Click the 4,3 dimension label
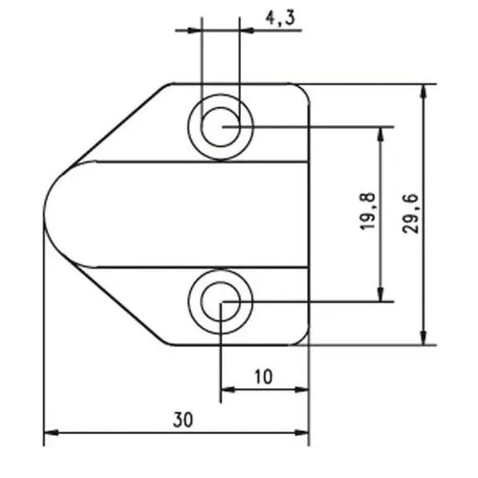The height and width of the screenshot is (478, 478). (x=280, y=19)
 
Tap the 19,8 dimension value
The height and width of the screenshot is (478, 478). (x=368, y=211)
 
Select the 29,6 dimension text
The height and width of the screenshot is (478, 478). (x=410, y=214)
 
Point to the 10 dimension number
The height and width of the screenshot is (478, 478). (x=264, y=377)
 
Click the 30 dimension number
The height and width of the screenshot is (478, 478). (x=183, y=420)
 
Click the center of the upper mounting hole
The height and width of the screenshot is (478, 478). (x=221, y=127)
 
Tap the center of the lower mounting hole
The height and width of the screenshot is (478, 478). (x=221, y=301)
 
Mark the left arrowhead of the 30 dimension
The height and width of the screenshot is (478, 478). (x=51, y=433)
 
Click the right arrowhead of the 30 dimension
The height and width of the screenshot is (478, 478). (x=301, y=433)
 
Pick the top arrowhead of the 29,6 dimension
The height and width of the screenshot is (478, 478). (x=424, y=92)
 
